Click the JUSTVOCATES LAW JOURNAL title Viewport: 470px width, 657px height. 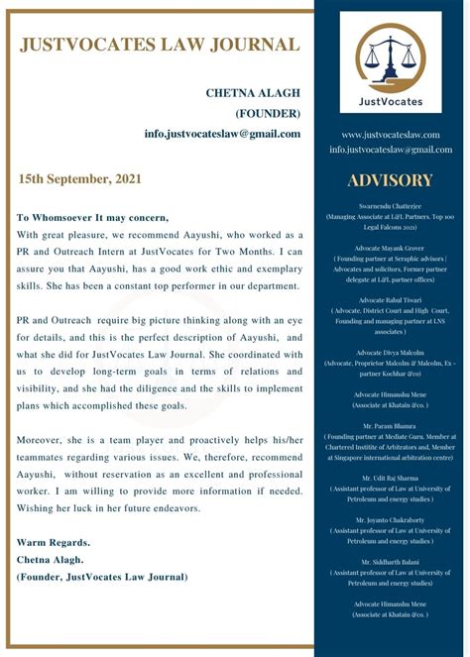(x=159, y=44)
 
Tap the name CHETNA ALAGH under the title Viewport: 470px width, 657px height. (x=253, y=93)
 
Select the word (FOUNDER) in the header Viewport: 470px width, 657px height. (x=268, y=113)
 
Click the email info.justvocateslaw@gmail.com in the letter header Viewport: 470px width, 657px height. (x=222, y=133)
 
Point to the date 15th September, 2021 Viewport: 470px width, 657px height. (x=79, y=179)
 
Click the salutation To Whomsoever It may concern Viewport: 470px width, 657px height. (x=93, y=218)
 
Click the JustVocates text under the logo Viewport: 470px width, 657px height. (x=391, y=101)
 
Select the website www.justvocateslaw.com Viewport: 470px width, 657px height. (x=391, y=135)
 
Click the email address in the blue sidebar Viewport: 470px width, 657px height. (x=391, y=150)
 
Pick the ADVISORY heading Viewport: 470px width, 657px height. (x=391, y=180)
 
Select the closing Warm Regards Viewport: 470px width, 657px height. (x=54, y=542)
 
